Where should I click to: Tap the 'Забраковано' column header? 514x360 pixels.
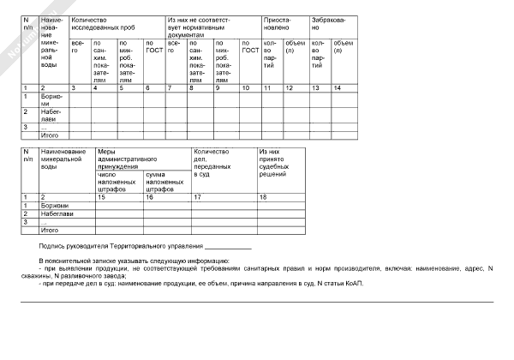[x=329, y=23]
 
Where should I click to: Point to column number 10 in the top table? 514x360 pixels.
[x=248, y=88]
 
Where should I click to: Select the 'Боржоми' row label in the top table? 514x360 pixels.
[x=54, y=98]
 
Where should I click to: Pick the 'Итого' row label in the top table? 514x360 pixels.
[x=50, y=135]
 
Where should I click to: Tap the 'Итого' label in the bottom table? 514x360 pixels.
[x=50, y=230]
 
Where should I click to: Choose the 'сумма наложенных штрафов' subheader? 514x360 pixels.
[x=162, y=182]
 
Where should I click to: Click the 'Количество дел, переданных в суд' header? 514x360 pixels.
[x=213, y=163]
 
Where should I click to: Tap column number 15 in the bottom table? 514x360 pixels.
[x=102, y=197]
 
